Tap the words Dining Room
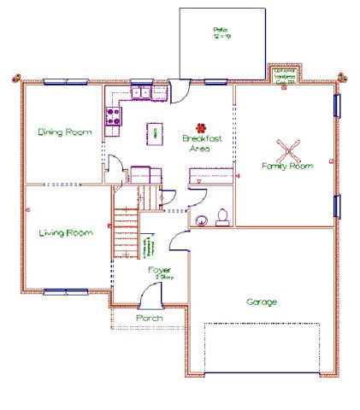64,132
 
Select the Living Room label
65,232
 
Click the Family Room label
286,166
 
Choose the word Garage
262,302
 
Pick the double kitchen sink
139,92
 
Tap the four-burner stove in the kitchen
111,118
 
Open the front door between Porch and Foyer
151,297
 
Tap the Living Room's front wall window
65,292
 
